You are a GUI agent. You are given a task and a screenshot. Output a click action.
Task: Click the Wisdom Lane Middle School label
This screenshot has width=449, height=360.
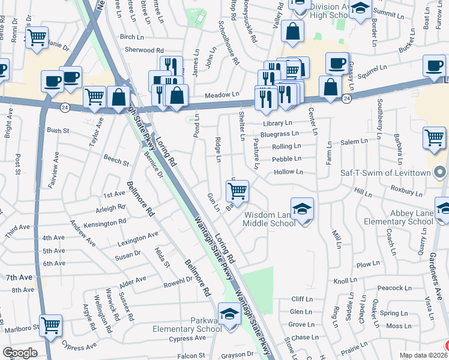pos(270,219)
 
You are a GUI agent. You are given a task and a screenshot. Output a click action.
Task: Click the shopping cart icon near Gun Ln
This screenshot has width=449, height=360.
pos(238,191)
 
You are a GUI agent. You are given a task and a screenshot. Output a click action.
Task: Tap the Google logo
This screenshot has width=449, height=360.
pos(20,353)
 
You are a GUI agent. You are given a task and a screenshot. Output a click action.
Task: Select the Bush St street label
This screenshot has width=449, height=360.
pos(58,130)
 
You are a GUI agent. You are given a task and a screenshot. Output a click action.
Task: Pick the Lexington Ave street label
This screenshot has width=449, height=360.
pos(138,239)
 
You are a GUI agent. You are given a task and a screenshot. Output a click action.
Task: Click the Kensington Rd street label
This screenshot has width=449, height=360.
pos(106,221)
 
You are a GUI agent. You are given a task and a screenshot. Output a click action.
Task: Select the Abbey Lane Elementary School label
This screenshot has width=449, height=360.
pos(398,217)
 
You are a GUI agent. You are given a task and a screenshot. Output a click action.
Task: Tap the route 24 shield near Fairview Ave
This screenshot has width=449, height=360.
pos(65,107)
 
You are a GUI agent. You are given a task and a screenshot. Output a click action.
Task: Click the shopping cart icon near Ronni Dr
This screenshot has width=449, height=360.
pos(37,37)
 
